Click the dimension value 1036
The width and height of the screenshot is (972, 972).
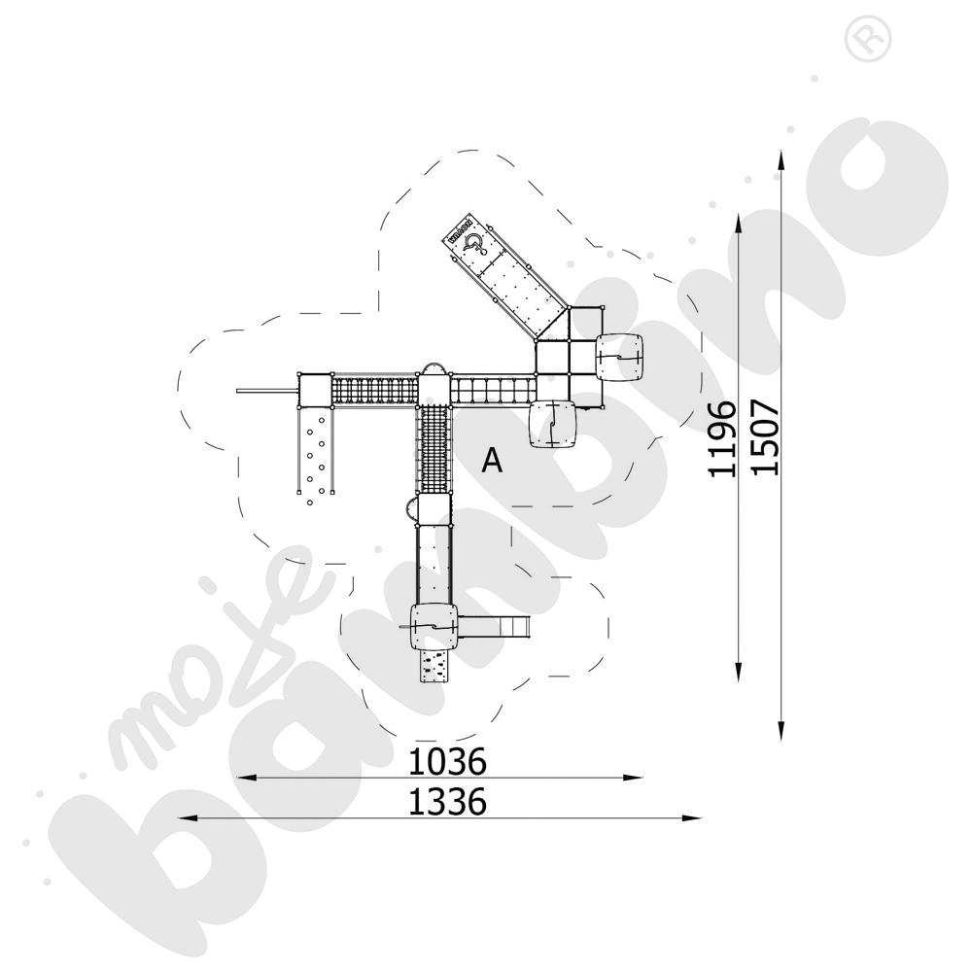[x=446, y=761]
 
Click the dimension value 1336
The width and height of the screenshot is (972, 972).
[x=446, y=802]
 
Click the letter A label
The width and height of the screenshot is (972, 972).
[x=493, y=461]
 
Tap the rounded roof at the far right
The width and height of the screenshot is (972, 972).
[x=620, y=357]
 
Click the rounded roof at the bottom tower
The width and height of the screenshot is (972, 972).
[x=433, y=627]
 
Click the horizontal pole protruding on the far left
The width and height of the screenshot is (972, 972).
[x=264, y=391]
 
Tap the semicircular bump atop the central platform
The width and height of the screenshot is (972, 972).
[x=433, y=368]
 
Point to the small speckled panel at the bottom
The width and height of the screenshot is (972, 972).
[x=433, y=667]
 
